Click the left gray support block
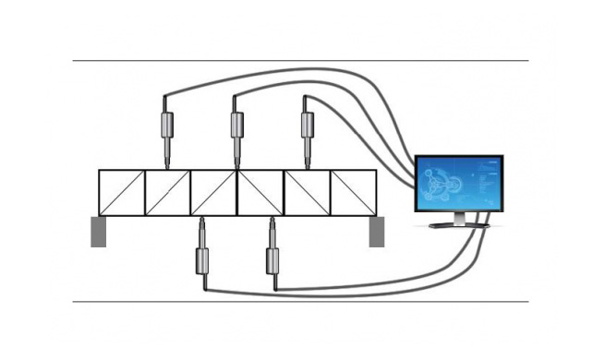[x=98, y=231]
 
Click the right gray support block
[x=376, y=231]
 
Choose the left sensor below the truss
[x=201, y=257]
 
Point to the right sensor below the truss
[x=272, y=257]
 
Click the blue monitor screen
[x=458, y=185]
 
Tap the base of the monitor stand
[x=458, y=225]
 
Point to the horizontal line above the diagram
[x=300, y=61]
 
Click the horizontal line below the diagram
[x=300, y=301]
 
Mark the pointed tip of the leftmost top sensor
[x=166, y=164]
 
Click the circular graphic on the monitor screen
[x=445, y=184]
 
